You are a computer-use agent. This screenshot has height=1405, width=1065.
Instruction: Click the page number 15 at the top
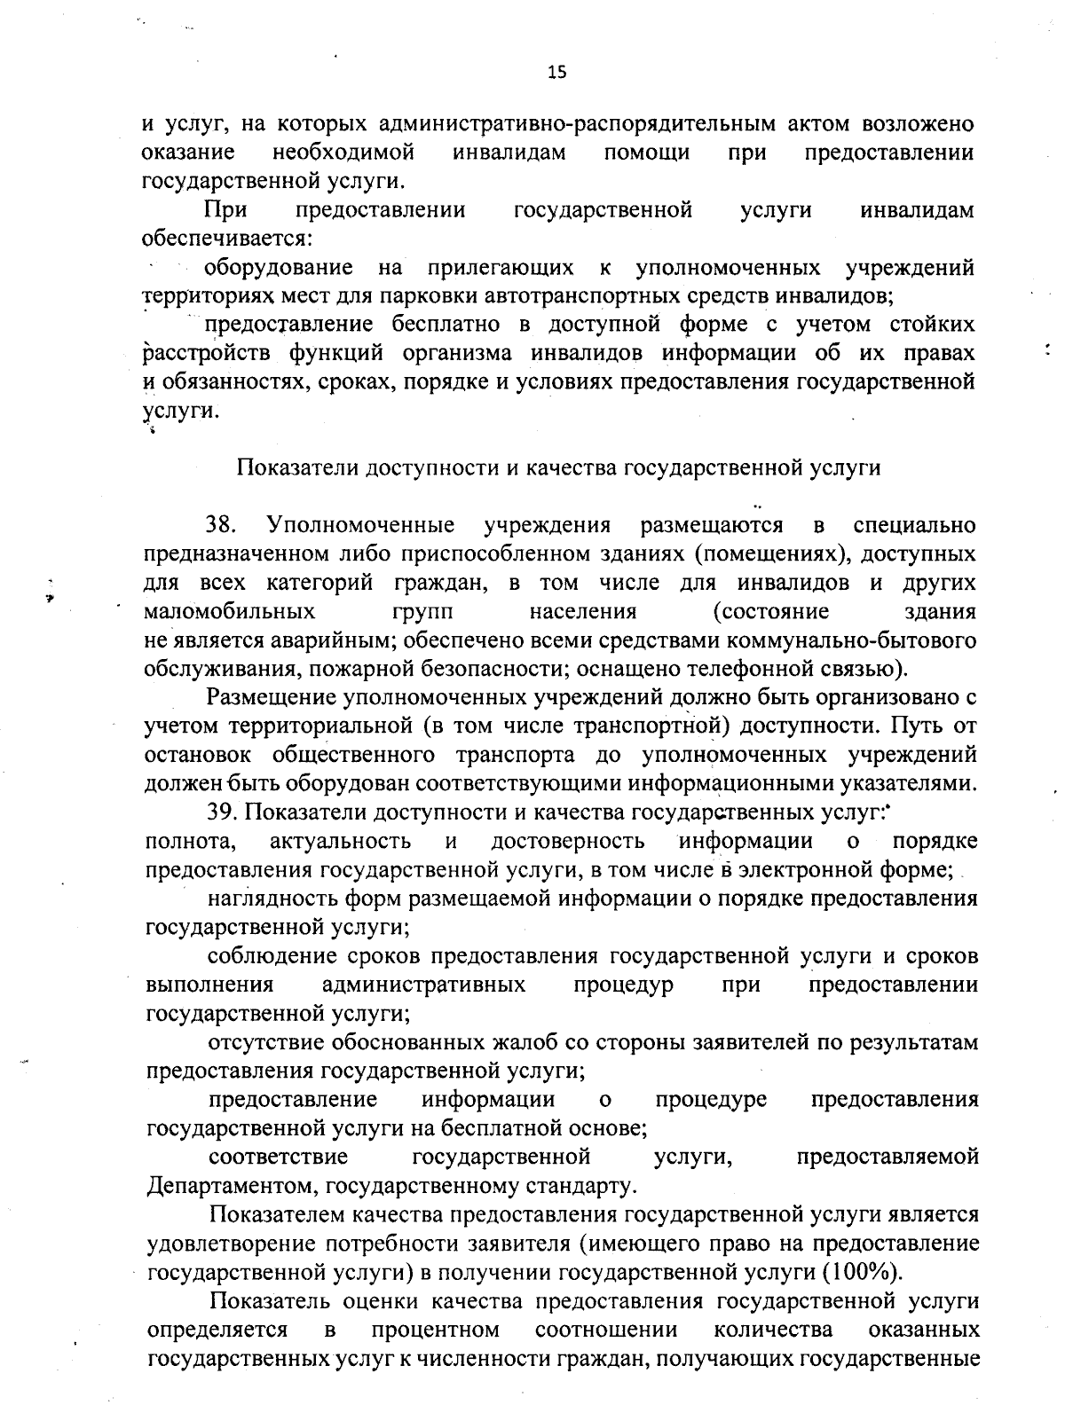point(556,73)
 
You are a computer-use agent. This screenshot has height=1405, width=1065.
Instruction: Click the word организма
point(456,353)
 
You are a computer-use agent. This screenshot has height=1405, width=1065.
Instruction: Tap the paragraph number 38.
point(220,525)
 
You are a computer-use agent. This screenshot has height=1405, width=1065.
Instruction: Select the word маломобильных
point(229,611)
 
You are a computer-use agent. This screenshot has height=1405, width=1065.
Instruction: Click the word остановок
point(197,755)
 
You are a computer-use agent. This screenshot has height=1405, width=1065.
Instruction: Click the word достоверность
point(568,841)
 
